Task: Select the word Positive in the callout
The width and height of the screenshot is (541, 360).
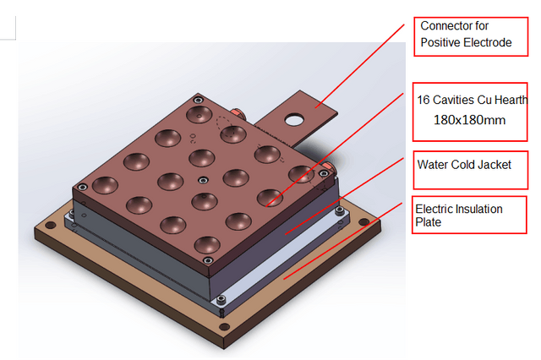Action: coord(441,42)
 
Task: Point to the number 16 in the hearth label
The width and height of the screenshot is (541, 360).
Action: coord(424,99)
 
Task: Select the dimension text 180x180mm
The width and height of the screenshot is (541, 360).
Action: coord(470,120)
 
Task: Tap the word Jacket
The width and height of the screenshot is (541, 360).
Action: coord(494,164)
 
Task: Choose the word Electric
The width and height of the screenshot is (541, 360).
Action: coord(436,209)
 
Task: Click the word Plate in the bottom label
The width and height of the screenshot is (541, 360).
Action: coord(428,222)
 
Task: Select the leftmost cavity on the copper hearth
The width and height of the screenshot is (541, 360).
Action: coord(106,184)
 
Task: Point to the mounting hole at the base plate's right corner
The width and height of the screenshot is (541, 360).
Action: coord(363,223)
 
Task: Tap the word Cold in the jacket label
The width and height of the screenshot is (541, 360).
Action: coord(464,164)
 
